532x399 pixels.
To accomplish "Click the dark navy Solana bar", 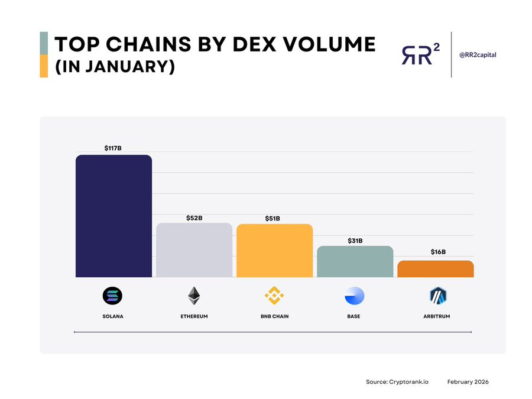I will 113,216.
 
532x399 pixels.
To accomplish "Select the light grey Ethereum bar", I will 194,250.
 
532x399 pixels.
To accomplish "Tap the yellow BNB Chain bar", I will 274,251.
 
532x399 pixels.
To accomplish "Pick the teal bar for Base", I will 355,261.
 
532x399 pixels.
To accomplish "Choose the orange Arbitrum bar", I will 435,269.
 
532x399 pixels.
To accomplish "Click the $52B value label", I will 194,218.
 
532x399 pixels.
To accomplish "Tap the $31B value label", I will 355,241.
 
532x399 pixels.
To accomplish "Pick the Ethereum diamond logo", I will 194,296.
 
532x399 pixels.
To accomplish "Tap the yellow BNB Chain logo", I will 274,296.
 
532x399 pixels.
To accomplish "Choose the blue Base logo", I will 354,296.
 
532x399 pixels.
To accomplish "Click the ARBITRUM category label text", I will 437,316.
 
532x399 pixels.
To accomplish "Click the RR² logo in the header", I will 420,54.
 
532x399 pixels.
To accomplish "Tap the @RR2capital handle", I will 478,54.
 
